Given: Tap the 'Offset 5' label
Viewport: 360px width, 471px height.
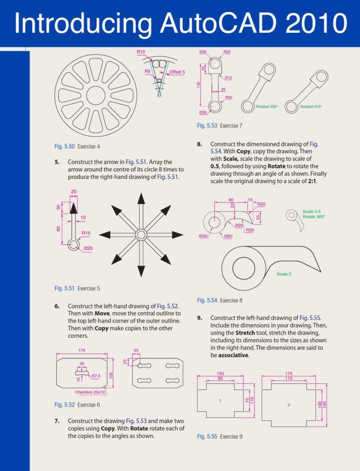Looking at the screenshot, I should [177, 72].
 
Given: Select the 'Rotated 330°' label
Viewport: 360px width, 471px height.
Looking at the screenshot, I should [267, 107].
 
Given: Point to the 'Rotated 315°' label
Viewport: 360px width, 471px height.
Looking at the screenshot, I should [311, 107].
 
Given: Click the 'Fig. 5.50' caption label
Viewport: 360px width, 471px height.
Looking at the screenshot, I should [64, 147].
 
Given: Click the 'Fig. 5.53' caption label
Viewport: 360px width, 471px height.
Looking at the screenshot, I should [207, 126].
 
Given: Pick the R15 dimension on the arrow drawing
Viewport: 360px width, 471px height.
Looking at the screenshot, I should [86, 233].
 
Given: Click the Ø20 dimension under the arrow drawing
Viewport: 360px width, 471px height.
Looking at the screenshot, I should [88, 248].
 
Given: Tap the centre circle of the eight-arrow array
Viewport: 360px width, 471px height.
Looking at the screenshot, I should [141, 234].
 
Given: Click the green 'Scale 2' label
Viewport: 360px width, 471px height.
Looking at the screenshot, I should [284, 274].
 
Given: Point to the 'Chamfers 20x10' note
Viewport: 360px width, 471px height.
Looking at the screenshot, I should [90, 392].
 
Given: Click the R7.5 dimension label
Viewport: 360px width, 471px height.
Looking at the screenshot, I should [97, 376].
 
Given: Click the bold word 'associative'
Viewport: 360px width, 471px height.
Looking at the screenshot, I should [233, 355].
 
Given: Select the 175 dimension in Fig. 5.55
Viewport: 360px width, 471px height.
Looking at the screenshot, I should [289, 374].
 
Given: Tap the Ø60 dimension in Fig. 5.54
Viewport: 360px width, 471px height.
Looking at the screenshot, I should [229, 236].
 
